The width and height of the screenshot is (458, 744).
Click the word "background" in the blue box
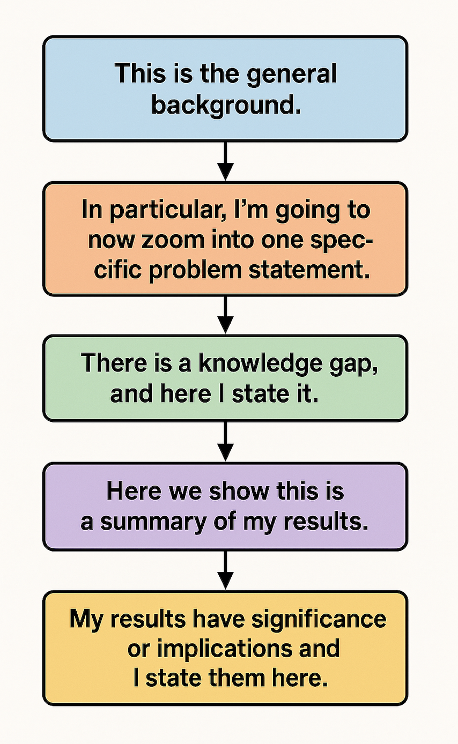pyautogui.click(x=226, y=106)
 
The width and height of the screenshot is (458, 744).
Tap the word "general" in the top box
pyautogui.click(x=292, y=75)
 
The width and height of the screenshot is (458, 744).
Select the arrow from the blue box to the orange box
pyautogui.click(x=225, y=161)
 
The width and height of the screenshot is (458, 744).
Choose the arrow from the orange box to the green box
pyautogui.click(x=225, y=315)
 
